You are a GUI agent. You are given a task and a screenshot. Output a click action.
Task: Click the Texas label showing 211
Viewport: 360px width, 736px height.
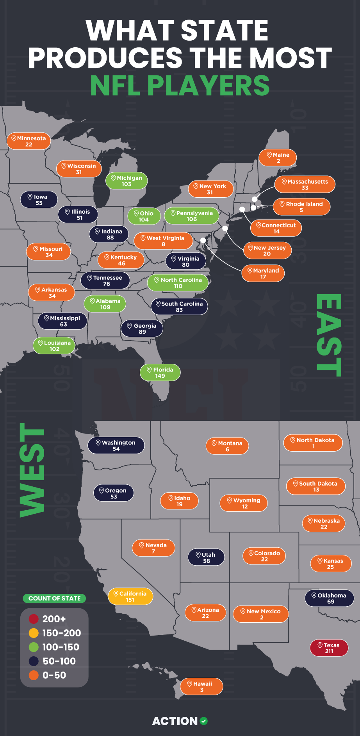(329, 648)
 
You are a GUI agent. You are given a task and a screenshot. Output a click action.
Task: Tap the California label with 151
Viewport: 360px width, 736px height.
(130, 596)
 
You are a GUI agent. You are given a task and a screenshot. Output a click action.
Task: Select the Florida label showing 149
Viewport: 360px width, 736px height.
(160, 372)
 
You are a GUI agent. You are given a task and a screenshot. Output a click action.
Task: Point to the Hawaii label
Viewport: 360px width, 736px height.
(201, 686)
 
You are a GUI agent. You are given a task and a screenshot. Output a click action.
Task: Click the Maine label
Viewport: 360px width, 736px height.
(278, 158)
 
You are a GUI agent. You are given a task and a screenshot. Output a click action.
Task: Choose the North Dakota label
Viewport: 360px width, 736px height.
(313, 443)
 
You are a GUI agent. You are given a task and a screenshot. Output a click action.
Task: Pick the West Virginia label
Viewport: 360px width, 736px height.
(163, 241)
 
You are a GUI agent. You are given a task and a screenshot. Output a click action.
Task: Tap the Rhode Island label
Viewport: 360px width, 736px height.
(301, 207)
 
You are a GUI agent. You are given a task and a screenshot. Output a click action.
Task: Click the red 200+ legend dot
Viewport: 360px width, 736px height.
(34, 619)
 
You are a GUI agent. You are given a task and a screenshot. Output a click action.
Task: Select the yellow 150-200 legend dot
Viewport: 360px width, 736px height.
(34, 633)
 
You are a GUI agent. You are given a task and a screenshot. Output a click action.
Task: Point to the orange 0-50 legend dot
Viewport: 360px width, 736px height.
(34, 675)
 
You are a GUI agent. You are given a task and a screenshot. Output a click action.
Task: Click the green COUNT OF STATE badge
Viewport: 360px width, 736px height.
(54, 598)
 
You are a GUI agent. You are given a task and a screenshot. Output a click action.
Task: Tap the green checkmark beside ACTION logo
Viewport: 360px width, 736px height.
(204, 721)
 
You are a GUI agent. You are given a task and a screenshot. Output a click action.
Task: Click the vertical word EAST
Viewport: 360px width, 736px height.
(329, 335)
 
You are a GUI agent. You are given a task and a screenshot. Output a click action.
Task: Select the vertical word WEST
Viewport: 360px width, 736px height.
(32, 470)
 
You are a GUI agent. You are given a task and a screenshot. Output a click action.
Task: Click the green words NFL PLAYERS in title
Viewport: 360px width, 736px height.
(180, 85)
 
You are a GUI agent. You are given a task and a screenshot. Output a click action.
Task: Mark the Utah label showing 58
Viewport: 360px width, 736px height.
(206, 557)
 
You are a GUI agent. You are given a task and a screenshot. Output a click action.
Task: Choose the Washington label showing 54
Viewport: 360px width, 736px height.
(116, 445)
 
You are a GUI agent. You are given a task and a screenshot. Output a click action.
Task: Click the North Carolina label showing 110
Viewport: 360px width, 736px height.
(178, 283)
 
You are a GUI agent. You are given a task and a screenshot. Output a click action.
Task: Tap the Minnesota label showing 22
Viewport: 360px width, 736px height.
(29, 141)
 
